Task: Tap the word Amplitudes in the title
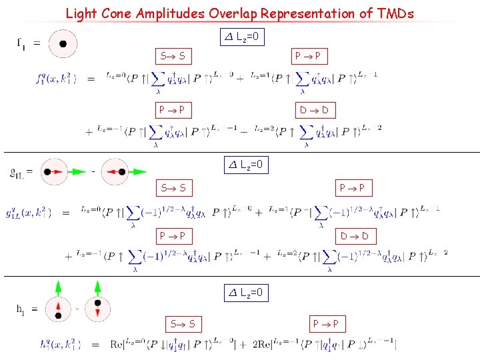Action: coord(154,13)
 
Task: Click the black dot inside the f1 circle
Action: coord(62,44)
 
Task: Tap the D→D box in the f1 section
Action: coord(316,110)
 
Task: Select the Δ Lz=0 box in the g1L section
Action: coord(246,164)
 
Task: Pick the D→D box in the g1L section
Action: coord(355,235)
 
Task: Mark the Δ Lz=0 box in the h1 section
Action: coord(246,292)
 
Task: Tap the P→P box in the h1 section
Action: coord(329,324)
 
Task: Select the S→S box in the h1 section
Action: coord(182,324)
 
